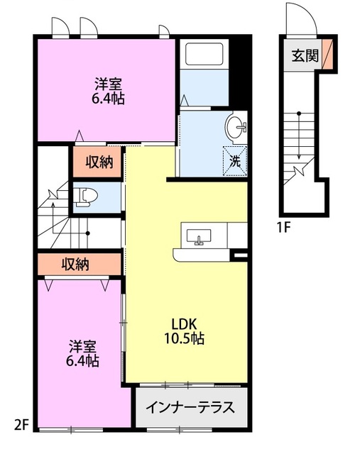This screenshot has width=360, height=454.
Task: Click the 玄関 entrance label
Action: pos(305,55)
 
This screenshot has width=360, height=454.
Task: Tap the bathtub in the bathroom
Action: pos(204,54)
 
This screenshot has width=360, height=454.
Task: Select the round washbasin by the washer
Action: pos(236,128)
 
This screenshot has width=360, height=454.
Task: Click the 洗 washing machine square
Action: pos(235,161)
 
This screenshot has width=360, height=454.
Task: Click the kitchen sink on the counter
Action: pos(199,237)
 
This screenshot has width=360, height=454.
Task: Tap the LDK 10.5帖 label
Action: pos(185,331)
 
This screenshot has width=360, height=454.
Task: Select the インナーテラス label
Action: pos(190,407)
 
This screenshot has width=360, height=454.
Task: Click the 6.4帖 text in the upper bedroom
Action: pos(109,99)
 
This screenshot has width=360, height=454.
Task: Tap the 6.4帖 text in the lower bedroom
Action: pos(82,361)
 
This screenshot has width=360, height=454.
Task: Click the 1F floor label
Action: pos(283,228)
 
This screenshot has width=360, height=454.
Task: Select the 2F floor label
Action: pos(22,426)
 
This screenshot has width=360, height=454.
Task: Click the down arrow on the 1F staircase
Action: pos(299,136)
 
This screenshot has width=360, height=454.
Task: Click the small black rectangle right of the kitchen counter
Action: pos(240,255)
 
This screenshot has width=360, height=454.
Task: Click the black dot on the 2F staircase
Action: pos(88,233)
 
